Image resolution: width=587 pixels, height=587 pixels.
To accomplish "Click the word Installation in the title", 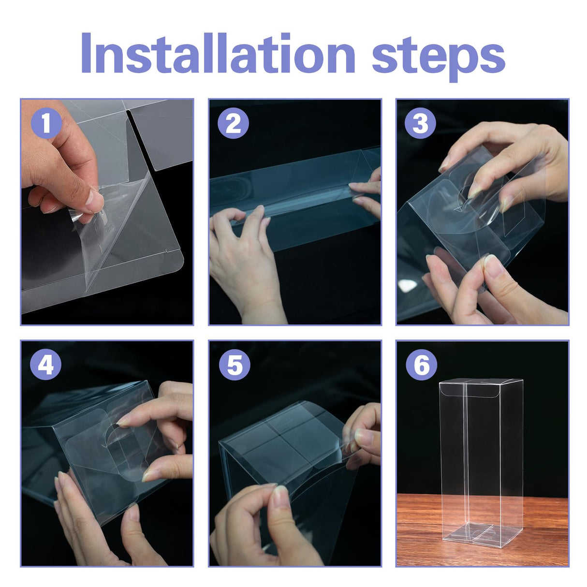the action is (x=218, y=52).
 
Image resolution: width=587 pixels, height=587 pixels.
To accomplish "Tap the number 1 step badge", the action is (x=46, y=123).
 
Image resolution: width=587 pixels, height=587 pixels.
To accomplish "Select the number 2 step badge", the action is (x=233, y=123).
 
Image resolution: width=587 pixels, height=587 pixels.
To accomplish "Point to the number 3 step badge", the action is (x=420, y=123).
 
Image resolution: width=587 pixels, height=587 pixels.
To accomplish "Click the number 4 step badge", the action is (x=45, y=364).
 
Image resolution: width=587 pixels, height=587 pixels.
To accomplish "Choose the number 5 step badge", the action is (x=235, y=364).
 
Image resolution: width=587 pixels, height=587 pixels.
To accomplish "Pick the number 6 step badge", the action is (x=421, y=364).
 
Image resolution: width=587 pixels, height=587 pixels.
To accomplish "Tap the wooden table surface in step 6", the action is (x=426, y=530).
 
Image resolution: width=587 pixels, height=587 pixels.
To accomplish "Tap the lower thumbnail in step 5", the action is (x=281, y=499).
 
